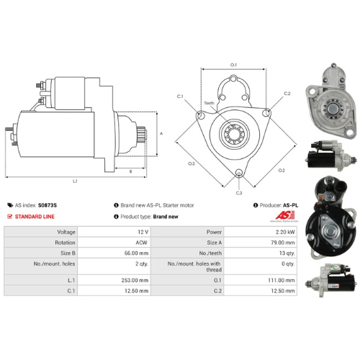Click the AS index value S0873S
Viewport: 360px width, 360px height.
point(48,205)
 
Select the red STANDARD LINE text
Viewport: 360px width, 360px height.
point(36,216)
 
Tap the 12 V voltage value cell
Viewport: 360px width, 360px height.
point(141,232)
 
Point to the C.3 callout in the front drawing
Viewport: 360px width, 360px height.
point(238,193)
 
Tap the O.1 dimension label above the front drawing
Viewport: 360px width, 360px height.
point(233,66)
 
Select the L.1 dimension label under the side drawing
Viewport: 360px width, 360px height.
point(75,181)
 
